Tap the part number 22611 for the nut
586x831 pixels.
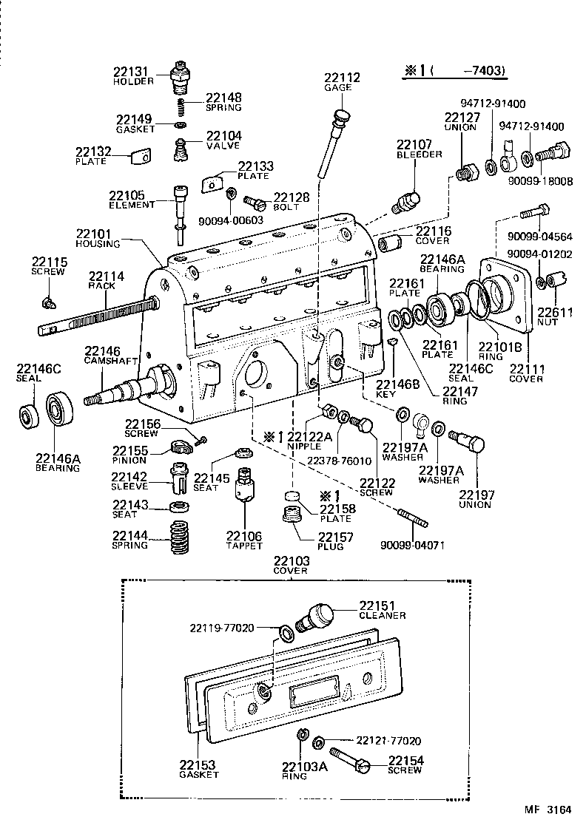tap(555, 313)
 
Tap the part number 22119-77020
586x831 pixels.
tap(222, 628)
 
